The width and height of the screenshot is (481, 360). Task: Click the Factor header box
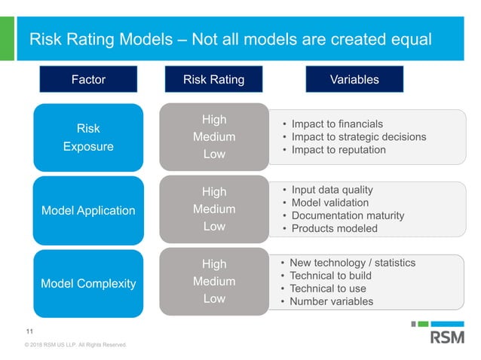tap(88, 79)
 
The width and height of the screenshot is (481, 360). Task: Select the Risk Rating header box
tap(214, 79)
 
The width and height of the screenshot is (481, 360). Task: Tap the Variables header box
tap(354, 79)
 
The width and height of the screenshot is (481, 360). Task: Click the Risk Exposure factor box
tap(88, 137)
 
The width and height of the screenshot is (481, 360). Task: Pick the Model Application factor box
tap(88, 210)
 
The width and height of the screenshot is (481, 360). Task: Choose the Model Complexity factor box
tap(88, 283)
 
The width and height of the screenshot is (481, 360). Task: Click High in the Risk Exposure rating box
tap(214, 120)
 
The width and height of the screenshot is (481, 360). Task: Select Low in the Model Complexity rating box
tap(214, 299)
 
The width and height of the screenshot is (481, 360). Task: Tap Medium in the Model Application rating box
tap(214, 209)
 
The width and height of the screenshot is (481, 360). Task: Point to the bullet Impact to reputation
tap(339, 150)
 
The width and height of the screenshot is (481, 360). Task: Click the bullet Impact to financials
tap(337, 124)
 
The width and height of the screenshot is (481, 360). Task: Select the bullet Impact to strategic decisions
tap(359, 137)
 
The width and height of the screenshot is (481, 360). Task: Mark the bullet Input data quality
tap(332, 190)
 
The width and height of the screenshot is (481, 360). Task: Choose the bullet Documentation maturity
tap(348, 215)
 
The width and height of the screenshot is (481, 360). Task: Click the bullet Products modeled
tap(335, 228)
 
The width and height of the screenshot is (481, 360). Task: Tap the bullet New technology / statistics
tap(352, 263)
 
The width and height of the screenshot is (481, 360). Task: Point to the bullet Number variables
tap(331, 302)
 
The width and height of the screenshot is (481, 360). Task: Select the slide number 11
tap(29, 331)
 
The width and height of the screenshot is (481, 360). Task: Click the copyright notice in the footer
tap(75, 345)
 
